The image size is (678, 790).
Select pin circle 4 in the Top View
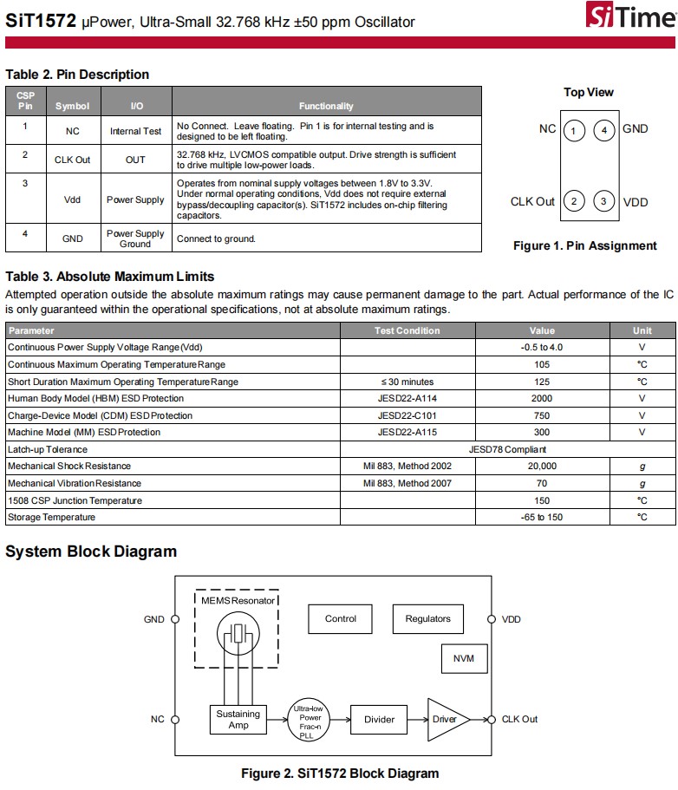(x=605, y=130)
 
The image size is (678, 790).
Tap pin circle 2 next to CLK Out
(x=573, y=202)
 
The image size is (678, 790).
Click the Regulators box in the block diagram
(x=427, y=619)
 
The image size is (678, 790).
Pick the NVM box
(x=464, y=659)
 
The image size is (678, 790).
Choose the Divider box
(x=379, y=719)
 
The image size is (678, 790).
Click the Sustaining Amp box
(x=238, y=719)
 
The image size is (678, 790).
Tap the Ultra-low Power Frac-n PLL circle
(x=310, y=719)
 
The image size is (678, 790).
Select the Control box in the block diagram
(x=341, y=619)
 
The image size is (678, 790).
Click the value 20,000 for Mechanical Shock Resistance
(x=542, y=467)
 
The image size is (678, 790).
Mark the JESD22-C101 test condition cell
(x=407, y=415)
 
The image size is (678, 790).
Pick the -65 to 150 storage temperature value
(x=542, y=518)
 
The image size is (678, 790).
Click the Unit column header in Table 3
(x=642, y=330)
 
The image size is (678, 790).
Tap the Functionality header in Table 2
(x=326, y=106)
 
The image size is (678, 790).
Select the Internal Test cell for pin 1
(x=136, y=132)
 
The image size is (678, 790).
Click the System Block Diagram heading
(x=91, y=552)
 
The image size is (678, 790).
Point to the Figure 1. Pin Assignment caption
(x=584, y=245)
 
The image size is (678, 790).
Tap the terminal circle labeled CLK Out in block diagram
(x=492, y=719)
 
